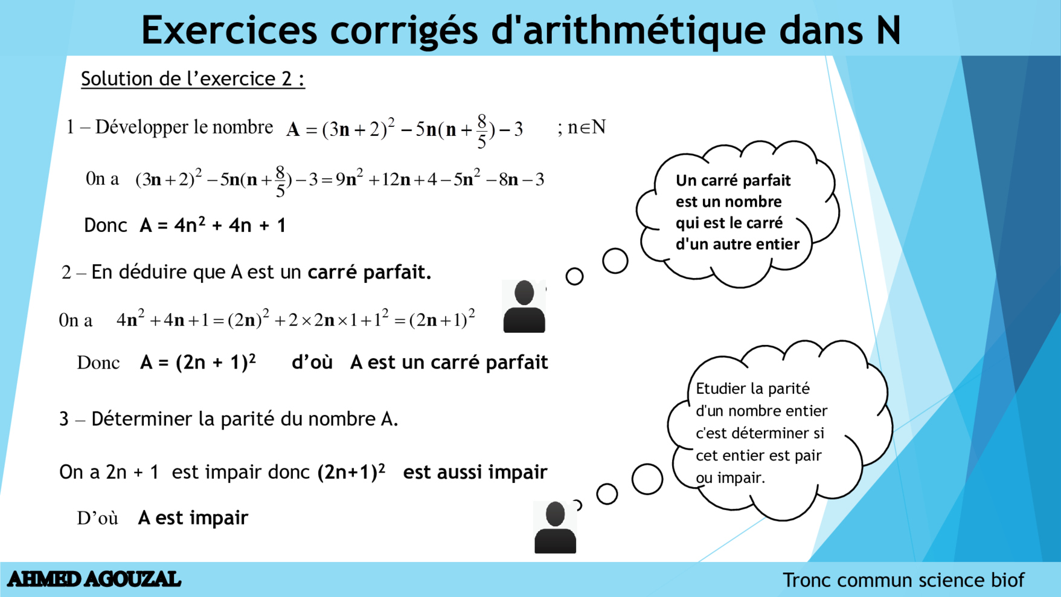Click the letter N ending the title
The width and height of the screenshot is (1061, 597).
[x=888, y=30]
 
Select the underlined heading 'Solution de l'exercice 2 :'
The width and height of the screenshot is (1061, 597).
[x=193, y=79]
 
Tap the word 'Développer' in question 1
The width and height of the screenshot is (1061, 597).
[x=141, y=127]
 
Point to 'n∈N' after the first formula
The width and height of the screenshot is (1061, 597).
[x=586, y=127]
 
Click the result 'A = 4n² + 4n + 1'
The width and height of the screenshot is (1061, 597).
[x=213, y=225]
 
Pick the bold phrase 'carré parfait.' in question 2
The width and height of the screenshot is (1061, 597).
[x=369, y=273]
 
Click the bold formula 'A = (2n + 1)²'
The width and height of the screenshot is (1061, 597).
[x=198, y=363]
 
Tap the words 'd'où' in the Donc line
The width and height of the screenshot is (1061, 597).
[x=312, y=363]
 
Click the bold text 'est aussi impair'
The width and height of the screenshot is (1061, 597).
[x=475, y=472]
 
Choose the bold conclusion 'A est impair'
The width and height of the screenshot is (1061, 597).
[x=193, y=518]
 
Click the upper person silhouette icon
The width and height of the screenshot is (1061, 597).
[x=524, y=306]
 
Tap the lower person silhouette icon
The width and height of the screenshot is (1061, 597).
[x=555, y=528]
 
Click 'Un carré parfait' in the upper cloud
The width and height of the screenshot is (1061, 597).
[x=732, y=181]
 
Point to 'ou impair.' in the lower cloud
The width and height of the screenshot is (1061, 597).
[x=730, y=478]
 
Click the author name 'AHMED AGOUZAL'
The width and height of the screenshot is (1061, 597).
[x=94, y=579]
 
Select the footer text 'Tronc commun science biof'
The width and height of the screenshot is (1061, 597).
[x=903, y=580]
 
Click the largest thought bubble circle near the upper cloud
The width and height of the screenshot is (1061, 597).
[x=615, y=261]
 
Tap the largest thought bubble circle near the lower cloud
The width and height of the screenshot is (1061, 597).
[x=647, y=479]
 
